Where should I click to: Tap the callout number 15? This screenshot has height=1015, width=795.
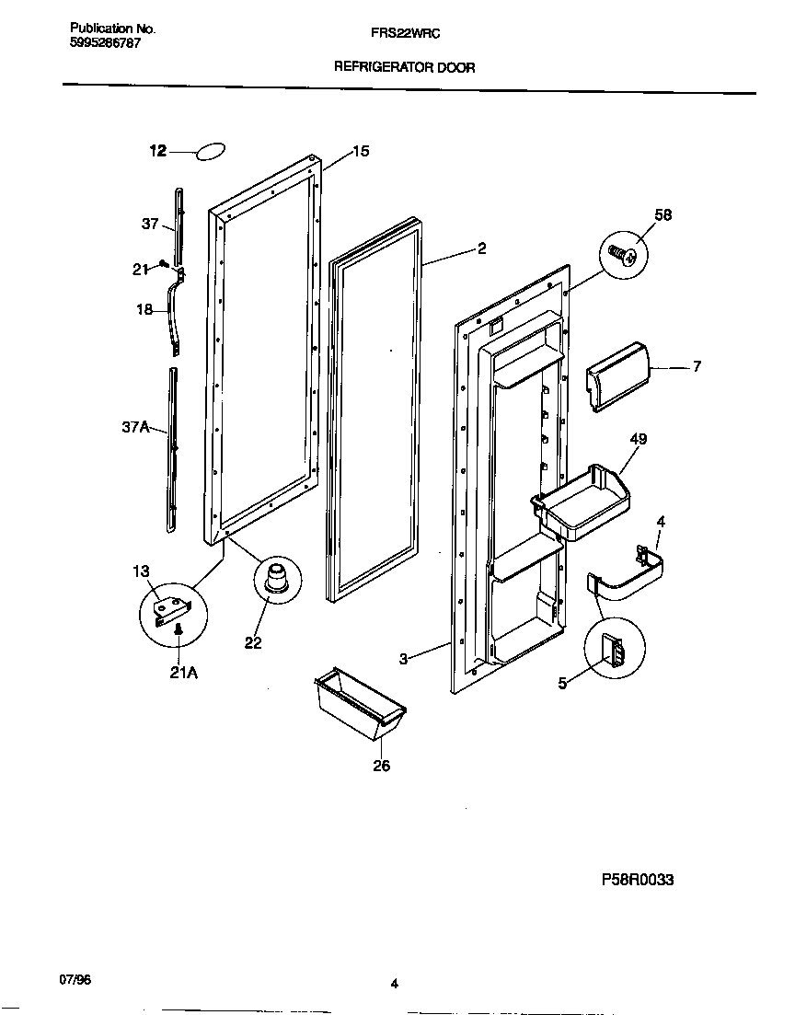(361, 151)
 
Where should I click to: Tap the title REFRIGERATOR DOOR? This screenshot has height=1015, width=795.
(404, 67)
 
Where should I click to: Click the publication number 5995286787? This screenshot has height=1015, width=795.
(106, 43)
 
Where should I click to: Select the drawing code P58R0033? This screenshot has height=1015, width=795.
(638, 880)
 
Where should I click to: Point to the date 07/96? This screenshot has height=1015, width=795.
(81, 980)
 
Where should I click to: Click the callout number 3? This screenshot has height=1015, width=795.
(403, 658)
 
